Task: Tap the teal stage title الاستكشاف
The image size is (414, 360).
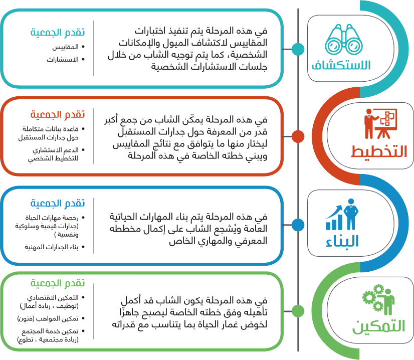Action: [x=341, y=65]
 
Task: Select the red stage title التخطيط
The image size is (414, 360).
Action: [x=379, y=151]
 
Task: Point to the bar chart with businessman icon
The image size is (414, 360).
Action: [x=342, y=214]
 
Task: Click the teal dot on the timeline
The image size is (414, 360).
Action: [x=298, y=49]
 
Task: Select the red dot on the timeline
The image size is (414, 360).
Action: [x=298, y=136]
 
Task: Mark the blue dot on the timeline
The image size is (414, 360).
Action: [x=298, y=225]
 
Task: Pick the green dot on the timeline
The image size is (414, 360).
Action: [x=298, y=311]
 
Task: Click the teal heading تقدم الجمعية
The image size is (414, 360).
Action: [x=58, y=32]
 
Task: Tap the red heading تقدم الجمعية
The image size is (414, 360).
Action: [x=58, y=114]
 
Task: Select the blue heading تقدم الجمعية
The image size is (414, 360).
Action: [x=58, y=203]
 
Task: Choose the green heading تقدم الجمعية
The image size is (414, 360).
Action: [x=58, y=283]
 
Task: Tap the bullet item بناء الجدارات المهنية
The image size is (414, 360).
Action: [x=55, y=247]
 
